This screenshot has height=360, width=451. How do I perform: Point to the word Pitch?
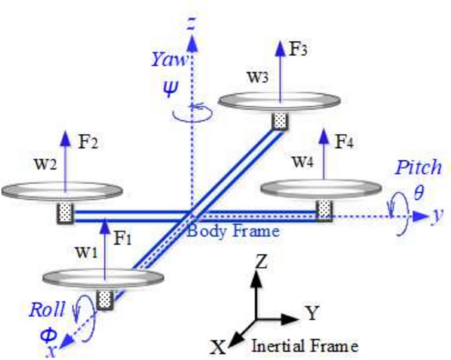pyautogui.click(x=418, y=167)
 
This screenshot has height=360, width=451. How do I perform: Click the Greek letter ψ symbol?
pyautogui.click(x=170, y=87)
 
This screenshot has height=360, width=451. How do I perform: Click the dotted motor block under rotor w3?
pyautogui.click(x=281, y=121)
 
